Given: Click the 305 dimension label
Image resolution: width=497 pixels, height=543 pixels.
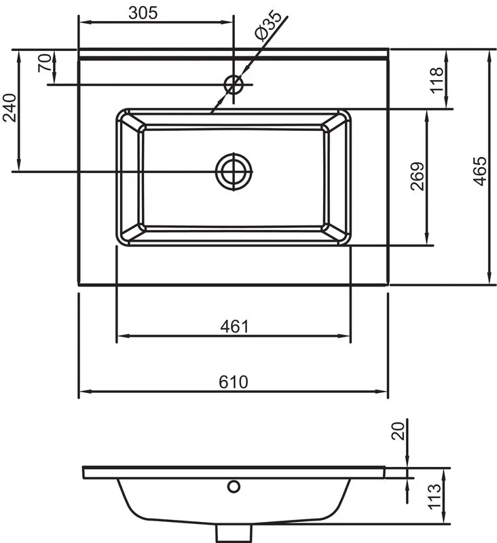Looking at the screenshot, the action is tap(143, 13).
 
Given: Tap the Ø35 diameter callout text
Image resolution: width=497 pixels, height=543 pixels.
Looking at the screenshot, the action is tap(268, 26).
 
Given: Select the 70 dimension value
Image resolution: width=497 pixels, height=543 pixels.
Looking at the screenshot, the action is tap(45, 62).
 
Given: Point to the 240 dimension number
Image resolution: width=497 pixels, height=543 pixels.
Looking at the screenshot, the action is tap(10, 108).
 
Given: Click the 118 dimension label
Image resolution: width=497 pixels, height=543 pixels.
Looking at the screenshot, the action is tap(437, 79).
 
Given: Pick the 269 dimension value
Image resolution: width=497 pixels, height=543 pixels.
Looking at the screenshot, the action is tap(418, 176).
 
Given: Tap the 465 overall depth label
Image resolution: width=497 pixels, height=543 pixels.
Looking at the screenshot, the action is tap(479, 172).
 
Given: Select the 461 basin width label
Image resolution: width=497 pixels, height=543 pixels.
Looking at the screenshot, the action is tap(234, 326).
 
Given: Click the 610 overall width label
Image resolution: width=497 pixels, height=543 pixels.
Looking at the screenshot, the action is tap(234, 382).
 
